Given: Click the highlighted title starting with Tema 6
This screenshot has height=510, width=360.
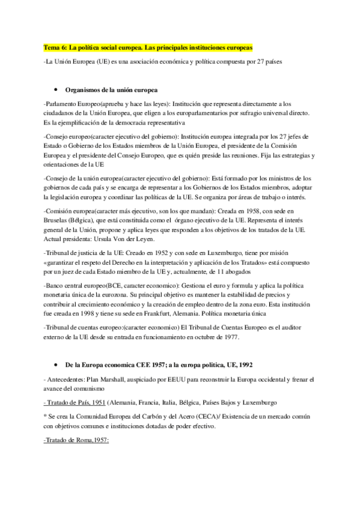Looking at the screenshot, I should tap(148, 47).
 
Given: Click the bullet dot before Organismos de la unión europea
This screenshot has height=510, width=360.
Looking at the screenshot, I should tap(56, 90).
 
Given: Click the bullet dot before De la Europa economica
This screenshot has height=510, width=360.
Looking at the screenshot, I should tap(56, 365).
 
